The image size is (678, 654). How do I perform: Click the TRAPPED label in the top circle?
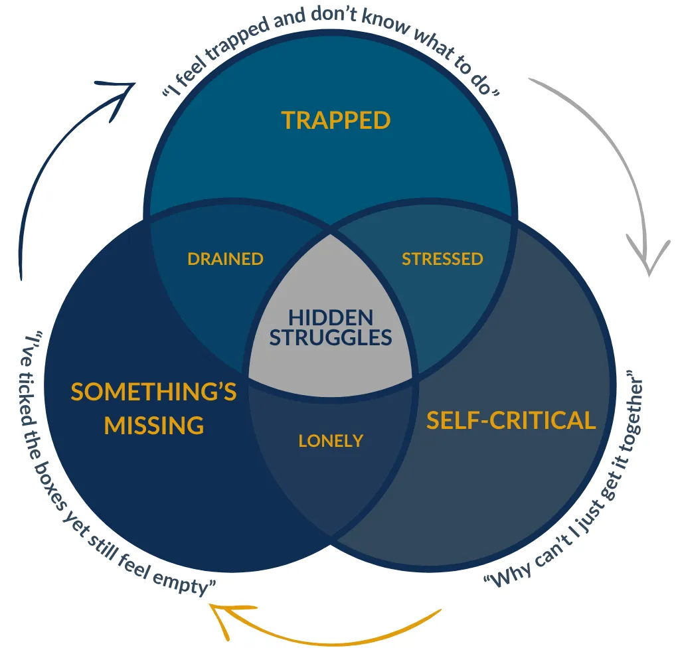tap(335, 120)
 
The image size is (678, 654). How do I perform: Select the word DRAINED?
tap(225, 259)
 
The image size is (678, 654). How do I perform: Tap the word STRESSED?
tap(442, 259)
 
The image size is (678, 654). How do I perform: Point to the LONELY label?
tap(331, 440)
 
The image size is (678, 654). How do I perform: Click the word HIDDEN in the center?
tap(331, 318)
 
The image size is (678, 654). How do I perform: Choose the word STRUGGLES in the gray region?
tap(331, 337)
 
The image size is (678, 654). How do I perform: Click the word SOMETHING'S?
tap(153, 392)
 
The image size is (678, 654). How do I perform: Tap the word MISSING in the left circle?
tap(153, 425)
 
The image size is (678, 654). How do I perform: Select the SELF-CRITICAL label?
tap(511, 420)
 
